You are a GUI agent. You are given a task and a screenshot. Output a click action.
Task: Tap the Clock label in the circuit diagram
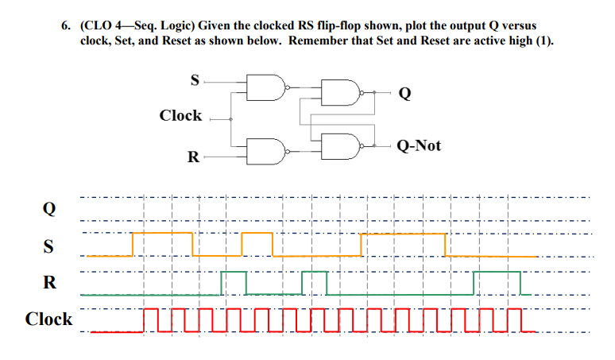(180, 116)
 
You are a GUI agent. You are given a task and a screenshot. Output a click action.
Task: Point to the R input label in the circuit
(193, 157)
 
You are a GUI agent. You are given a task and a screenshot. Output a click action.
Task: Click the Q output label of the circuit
(404, 94)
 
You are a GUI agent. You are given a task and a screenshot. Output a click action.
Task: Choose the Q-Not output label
(419, 145)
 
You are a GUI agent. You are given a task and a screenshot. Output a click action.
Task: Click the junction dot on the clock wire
(231, 119)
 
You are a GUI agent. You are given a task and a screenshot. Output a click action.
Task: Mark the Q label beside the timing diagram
(49, 209)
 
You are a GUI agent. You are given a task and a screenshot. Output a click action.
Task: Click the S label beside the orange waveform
(49, 246)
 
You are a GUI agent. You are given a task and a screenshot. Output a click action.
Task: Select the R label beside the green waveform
(49, 282)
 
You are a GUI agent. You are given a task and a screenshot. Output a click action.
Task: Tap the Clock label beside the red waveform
(48, 319)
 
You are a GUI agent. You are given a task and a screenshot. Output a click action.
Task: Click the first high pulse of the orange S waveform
(163, 234)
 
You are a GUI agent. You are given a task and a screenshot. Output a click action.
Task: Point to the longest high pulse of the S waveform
(403, 235)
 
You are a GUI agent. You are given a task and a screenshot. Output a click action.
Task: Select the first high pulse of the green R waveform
(234, 273)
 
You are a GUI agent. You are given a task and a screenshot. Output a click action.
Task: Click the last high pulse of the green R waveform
(497, 273)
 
